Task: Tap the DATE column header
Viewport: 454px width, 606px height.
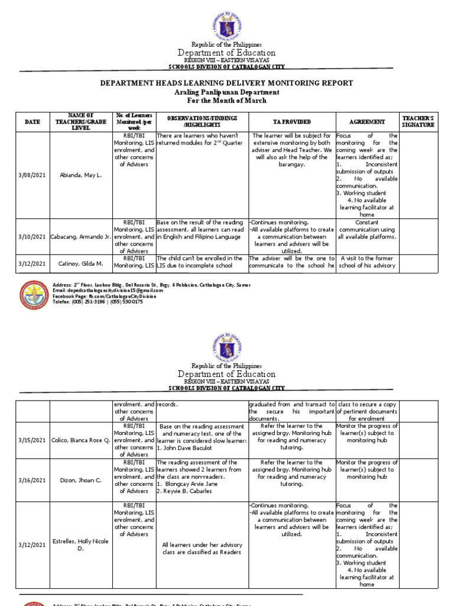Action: pos(33,121)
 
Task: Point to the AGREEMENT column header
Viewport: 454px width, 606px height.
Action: pos(367,121)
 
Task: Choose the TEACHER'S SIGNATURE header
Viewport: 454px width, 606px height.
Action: pos(418,121)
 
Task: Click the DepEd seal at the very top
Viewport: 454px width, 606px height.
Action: pos(226,20)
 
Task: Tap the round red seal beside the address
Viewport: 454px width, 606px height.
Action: pos(34,295)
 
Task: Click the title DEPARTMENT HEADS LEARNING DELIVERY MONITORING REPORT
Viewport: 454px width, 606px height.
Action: pos(226,83)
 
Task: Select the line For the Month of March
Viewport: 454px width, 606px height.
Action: pos(226,102)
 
